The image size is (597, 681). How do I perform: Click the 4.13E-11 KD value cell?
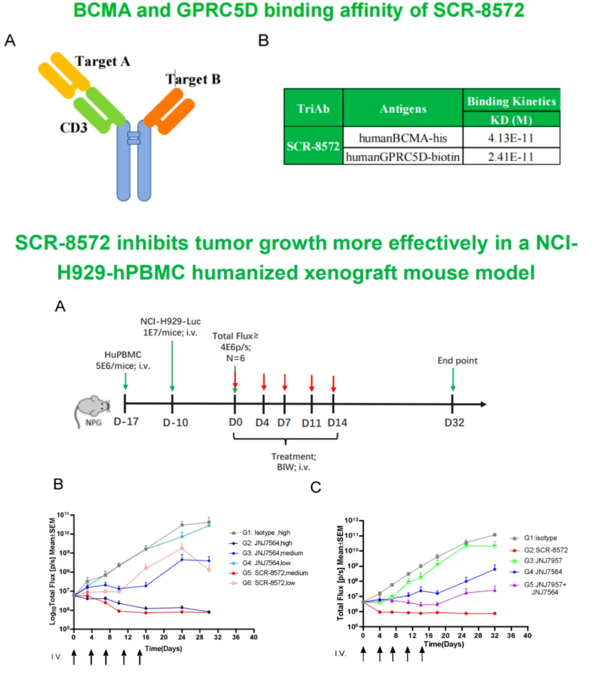[511, 138]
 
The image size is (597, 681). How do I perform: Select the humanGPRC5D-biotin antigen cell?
[402, 157]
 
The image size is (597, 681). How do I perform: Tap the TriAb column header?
[313, 108]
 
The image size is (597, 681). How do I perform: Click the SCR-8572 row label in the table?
[313, 146]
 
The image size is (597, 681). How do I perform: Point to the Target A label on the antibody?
[102, 61]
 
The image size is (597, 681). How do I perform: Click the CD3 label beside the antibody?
[74, 128]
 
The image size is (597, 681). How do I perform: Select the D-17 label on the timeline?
[126, 422]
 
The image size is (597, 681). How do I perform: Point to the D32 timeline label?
[454, 423]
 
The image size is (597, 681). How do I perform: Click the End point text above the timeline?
[457, 361]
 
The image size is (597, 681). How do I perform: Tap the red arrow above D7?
[285, 382]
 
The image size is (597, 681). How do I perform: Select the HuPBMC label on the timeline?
[123, 355]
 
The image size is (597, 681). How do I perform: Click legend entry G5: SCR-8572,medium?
[275, 573]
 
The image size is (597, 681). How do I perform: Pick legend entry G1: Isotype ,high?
[266, 532]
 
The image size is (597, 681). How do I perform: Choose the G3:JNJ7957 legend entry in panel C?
[543, 561]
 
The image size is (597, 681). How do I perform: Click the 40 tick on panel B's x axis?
[253, 637]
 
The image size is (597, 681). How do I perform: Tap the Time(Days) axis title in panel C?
[444, 644]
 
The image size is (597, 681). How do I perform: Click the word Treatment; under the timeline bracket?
[294, 456]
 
